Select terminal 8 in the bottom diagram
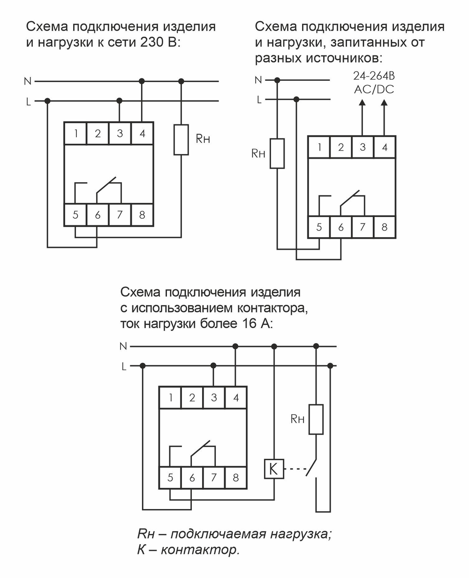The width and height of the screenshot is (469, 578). [235, 478]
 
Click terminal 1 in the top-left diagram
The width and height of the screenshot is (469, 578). [75, 134]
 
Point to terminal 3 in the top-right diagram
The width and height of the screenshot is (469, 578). [363, 147]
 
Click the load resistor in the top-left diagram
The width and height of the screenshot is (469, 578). [181, 139]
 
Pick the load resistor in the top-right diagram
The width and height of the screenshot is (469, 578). [277, 153]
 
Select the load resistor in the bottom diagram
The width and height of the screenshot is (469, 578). [316, 419]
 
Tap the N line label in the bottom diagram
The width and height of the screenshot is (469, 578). [123, 347]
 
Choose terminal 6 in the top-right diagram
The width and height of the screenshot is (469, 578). [341, 228]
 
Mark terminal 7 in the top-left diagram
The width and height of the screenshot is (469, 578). [120, 216]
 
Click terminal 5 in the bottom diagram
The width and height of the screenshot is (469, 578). [170, 478]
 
